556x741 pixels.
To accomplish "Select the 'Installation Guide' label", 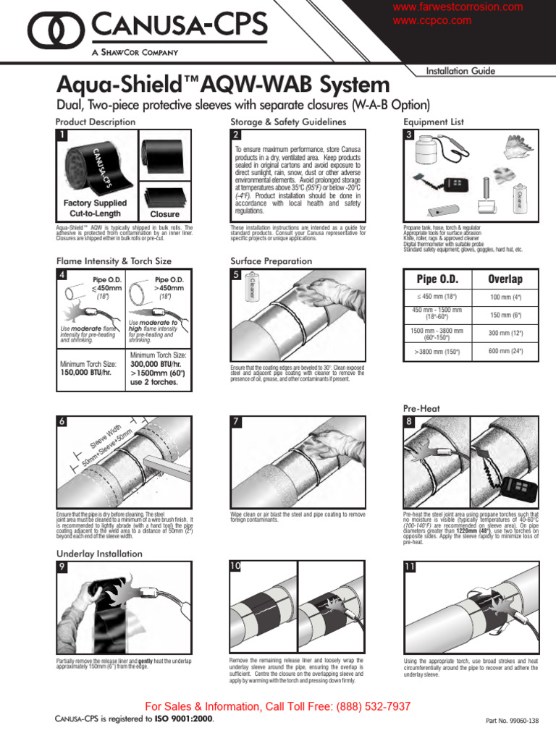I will pos(460,71).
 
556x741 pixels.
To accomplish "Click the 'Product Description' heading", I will pos(95,122).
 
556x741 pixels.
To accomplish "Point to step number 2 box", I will pos(236,135).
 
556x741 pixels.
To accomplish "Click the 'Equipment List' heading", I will pos(434,122).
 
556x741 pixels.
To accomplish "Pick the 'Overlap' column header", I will pos(505,279).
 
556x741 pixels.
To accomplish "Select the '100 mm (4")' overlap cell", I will pos(505,297).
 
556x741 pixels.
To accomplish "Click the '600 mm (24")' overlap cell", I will pos(505,351).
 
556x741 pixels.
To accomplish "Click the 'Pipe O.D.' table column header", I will pos(437,279).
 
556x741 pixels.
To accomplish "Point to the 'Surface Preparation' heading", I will pos(271,261).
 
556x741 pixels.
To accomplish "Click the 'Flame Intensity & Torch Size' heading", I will pos(114,261).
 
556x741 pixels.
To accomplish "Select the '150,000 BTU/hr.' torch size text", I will pos(86,373).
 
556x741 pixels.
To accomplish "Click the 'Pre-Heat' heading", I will pos(421,409).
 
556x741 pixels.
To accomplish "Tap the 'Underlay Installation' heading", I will pos(100,554).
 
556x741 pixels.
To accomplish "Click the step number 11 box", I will pos(410,567).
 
